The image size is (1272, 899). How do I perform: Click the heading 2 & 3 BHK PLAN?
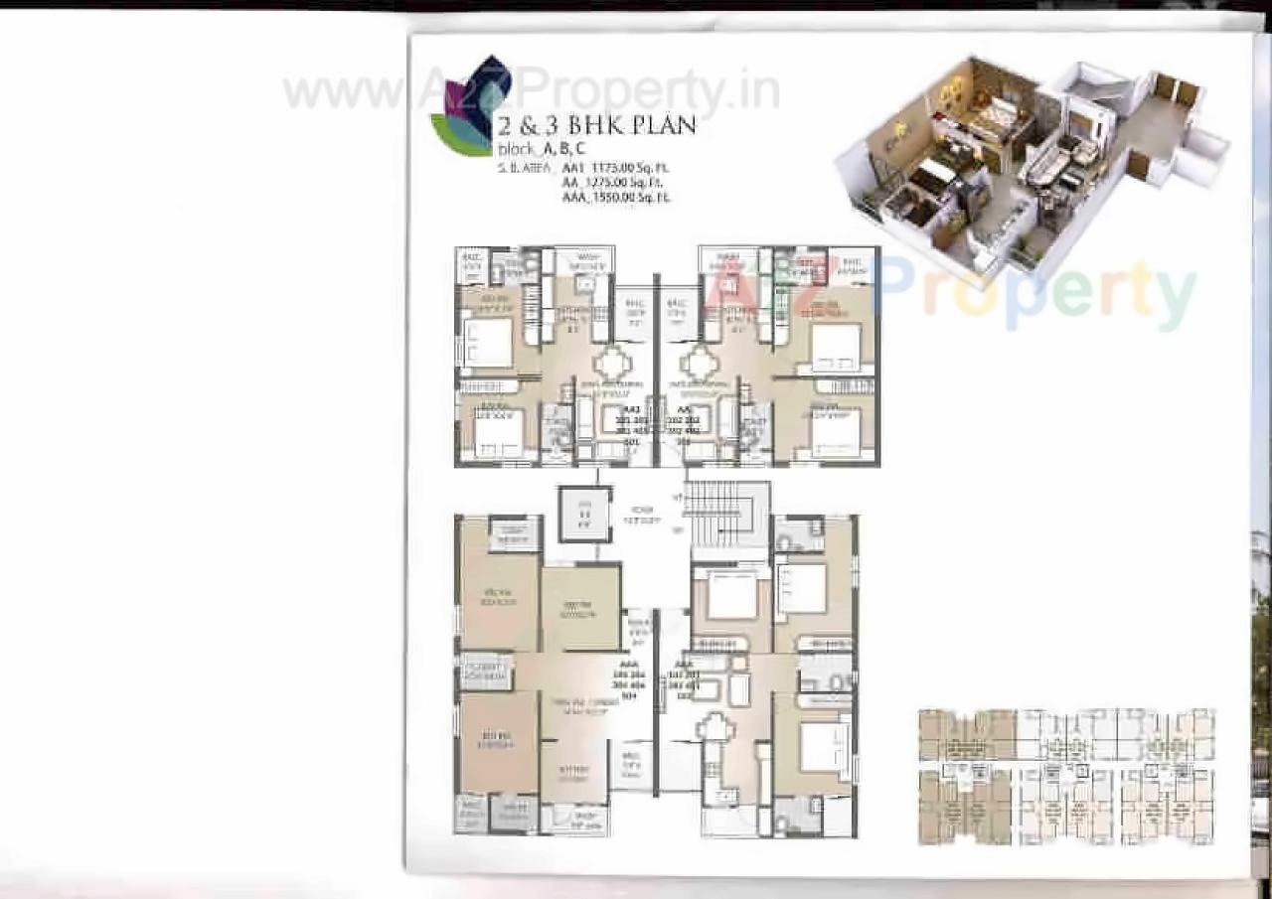coord(595,126)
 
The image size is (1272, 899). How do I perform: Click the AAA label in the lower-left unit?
coord(627,662)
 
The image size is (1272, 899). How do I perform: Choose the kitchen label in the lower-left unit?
coord(571,772)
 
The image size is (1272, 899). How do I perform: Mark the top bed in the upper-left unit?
coord(486,342)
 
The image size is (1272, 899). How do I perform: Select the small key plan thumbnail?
coord(1067,776)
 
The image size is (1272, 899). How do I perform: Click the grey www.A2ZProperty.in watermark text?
coord(532,91)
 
